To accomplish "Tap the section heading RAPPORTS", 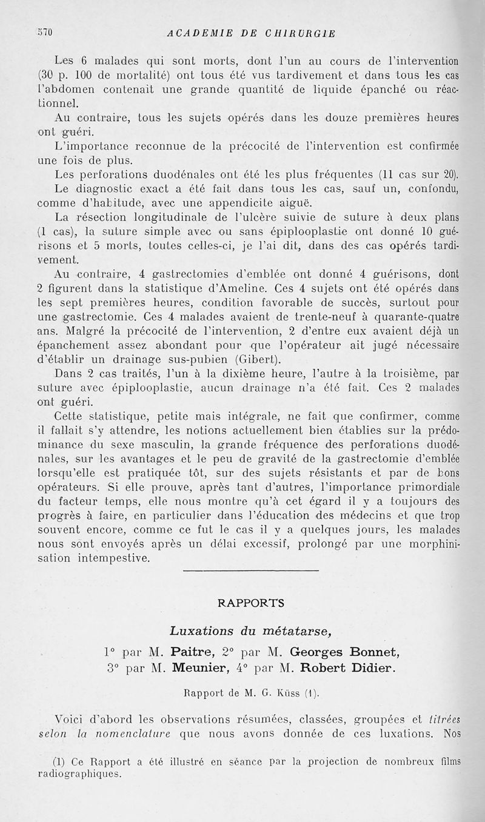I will (x=250, y=603).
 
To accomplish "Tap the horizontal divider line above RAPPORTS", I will (x=250, y=570).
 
